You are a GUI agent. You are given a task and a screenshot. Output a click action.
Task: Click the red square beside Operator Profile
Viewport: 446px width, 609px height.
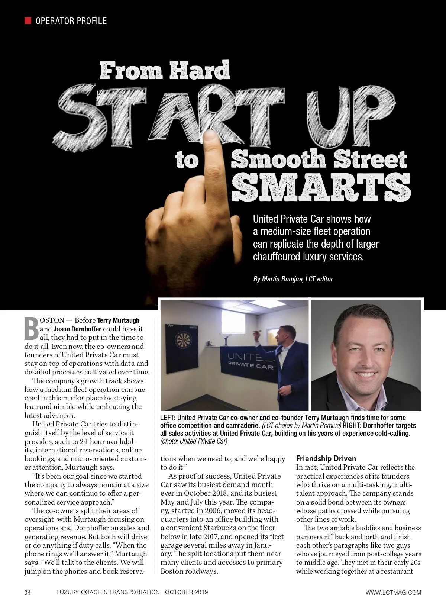click(28, 20)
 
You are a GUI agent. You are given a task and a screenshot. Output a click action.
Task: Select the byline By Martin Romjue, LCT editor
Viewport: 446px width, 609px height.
click(293, 279)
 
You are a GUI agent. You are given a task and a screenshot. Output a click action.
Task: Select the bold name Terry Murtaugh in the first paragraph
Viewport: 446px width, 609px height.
click(118, 320)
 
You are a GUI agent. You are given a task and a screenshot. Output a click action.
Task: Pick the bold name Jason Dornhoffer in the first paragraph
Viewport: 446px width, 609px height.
click(77, 329)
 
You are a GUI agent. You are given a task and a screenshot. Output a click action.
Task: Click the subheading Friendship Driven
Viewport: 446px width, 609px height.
click(326, 459)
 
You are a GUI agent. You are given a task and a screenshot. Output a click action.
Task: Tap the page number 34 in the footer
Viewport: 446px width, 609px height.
click(28, 592)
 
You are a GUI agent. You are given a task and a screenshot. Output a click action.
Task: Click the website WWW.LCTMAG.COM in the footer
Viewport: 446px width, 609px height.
click(393, 592)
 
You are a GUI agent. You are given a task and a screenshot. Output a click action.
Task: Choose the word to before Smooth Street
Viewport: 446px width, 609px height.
click(187, 161)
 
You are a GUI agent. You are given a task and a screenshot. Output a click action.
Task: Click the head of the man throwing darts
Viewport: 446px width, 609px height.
click(287, 331)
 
